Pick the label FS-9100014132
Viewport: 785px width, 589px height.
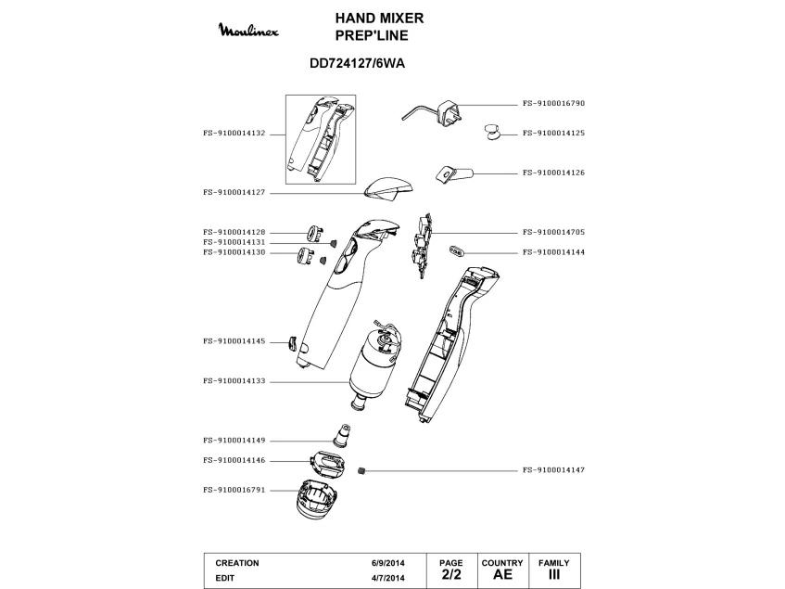[x=234, y=133]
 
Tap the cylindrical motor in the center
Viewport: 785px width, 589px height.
[x=375, y=362]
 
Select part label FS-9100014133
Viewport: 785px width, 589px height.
[x=234, y=380]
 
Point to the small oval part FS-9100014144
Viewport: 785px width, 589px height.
[x=457, y=250]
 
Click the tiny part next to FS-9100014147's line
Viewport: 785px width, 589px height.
[x=363, y=470]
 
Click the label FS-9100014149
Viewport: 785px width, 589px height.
[x=234, y=441]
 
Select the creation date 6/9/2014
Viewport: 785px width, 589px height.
[x=387, y=563]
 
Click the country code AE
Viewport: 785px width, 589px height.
[x=502, y=575]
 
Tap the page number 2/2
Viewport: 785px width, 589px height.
[x=450, y=575]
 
